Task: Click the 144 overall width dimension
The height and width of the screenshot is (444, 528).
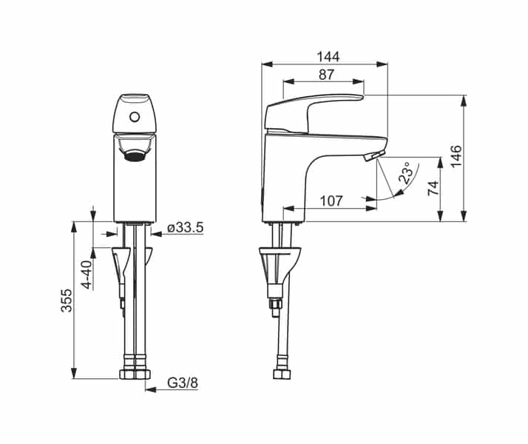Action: [x=325, y=56]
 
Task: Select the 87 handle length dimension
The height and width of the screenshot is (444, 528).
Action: [x=325, y=74]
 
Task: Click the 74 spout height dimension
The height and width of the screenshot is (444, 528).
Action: [x=434, y=188]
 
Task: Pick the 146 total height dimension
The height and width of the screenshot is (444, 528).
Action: [x=456, y=158]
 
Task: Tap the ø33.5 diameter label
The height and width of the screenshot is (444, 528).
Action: [x=185, y=228]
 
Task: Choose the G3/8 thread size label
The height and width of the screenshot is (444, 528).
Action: [x=182, y=383]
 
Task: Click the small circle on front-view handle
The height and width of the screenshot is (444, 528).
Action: [x=134, y=116]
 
